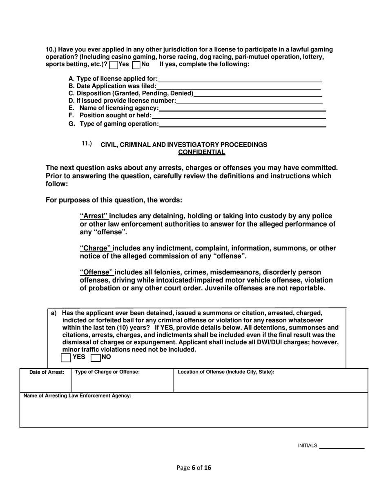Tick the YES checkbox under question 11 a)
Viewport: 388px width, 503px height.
pyautogui.click(x=65, y=358)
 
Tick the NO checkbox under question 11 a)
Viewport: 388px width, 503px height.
pyautogui.click(x=95, y=358)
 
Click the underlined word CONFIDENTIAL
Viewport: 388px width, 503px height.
pyautogui.click(x=202, y=153)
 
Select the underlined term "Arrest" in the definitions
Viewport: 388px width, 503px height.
pyautogui.click(x=94, y=216)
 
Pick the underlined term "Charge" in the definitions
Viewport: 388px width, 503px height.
pyautogui.click(x=96, y=248)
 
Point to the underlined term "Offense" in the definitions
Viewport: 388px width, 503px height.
pyautogui.click(x=96, y=272)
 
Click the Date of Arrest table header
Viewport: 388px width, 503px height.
pyautogui.click(x=47, y=372)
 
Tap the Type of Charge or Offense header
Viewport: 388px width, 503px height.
pyautogui.click(x=107, y=372)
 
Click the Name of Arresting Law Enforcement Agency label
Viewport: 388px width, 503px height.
pyautogui.click(x=78, y=396)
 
